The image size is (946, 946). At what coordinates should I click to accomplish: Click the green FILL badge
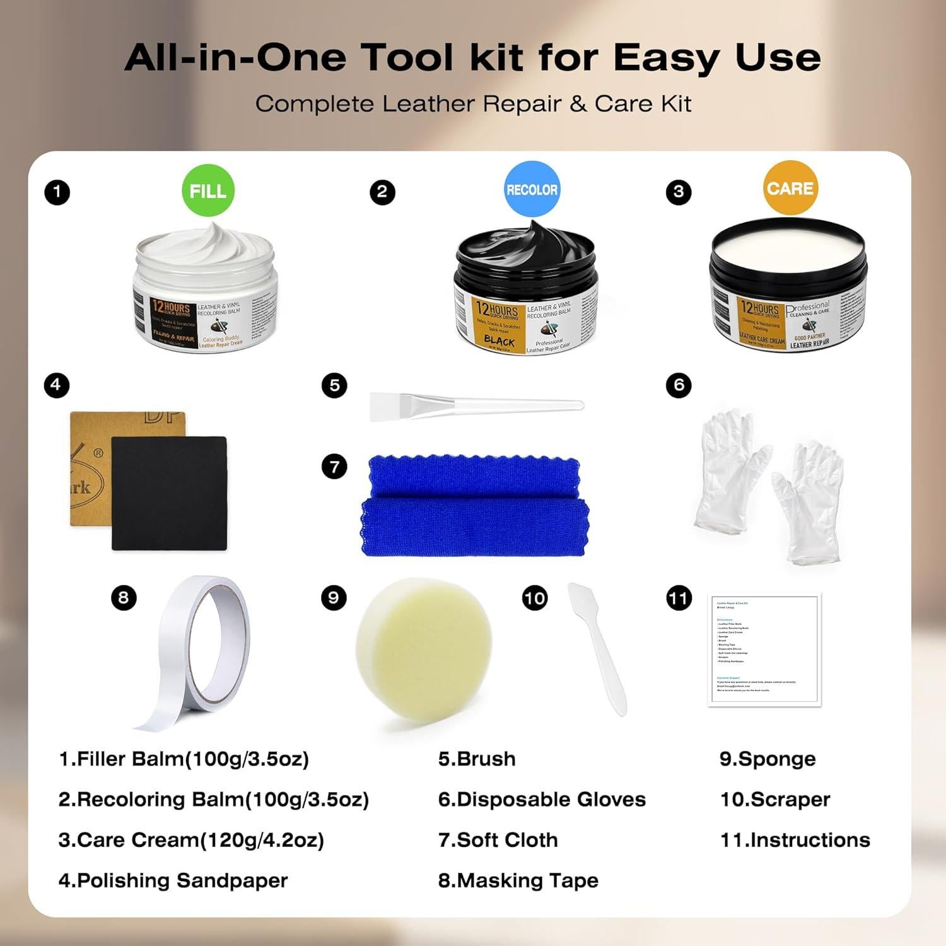pos(207,190)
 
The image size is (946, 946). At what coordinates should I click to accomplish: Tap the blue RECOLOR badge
pos(532,189)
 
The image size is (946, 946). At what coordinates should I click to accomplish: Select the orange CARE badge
pos(790,188)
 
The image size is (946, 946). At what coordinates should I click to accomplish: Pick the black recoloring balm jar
pos(525,293)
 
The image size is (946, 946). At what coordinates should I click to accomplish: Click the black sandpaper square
pos(168,493)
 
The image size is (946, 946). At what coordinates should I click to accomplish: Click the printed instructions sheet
pos(764,650)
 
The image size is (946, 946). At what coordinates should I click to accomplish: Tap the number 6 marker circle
pos(679,385)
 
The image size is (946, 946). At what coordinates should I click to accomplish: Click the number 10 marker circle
pos(535,598)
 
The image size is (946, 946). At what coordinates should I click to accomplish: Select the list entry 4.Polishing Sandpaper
pos(173,880)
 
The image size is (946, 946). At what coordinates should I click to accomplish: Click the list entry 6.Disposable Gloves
pos(542,800)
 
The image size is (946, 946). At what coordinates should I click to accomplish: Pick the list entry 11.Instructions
pos(795,840)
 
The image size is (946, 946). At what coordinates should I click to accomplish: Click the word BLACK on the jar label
pos(499,341)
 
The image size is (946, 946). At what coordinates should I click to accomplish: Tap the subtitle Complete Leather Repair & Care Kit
pos(473,104)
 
